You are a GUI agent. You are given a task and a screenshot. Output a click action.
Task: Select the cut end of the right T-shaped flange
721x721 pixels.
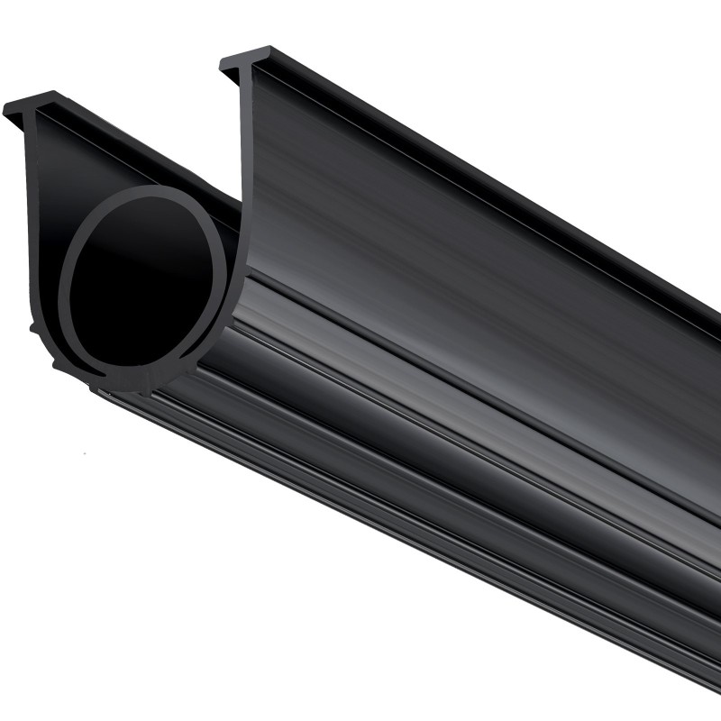click(244, 59)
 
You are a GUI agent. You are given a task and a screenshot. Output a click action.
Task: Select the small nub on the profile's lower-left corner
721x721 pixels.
click(36, 329)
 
